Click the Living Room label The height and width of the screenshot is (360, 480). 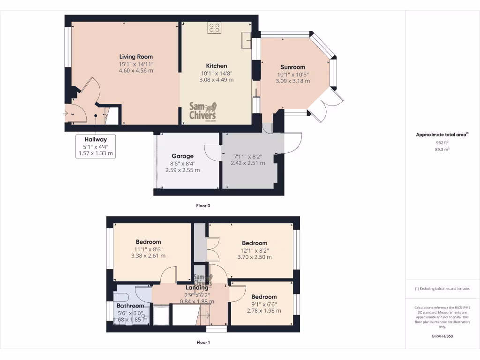pos(136,57)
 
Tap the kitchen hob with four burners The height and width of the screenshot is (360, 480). pos(215,28)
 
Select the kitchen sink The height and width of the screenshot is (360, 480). pos(246,40)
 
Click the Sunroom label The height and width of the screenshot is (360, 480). pos(293,67)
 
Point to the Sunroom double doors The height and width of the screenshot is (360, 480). pos(330,105)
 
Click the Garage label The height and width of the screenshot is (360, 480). pos(182,156)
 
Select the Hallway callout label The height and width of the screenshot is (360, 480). pos(96,139)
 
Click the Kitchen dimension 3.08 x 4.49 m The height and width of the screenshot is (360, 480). pos(217,80)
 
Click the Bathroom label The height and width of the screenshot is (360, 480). pos(130,306)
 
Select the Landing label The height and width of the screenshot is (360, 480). pos(197,288)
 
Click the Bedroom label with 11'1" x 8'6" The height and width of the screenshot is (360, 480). pos(148,242)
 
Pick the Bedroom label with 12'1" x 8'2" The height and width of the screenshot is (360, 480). pos(255,243)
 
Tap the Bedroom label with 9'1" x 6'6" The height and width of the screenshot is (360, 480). pos(264,297)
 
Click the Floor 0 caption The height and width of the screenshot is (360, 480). pos(203,205)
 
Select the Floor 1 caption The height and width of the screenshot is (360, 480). pos(203,342)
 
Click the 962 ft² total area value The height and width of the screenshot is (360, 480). pos(442,142)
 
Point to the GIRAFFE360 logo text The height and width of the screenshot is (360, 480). pos(442,336)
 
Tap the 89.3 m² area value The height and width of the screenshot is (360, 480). pos(442,150)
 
